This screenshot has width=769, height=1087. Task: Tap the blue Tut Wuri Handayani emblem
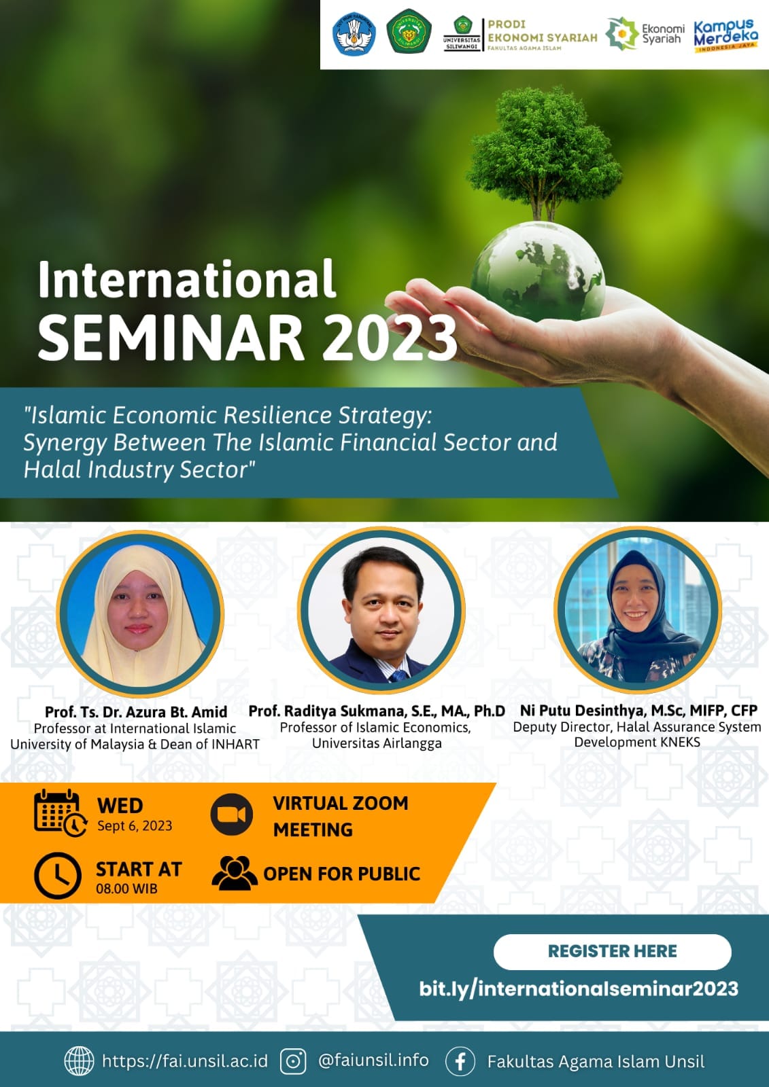tap(354, 33)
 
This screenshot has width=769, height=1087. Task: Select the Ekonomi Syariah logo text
tap(663, 33)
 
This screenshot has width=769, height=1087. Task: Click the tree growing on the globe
tap(543, 153)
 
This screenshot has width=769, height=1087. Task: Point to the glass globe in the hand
tap(539, 272)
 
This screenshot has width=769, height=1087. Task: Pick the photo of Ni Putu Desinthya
tap(638, 609)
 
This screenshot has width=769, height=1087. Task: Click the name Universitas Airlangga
tap(377, 743)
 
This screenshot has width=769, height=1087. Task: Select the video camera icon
tap(232, 815)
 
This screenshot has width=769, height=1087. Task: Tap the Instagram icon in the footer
tap(294, 1061)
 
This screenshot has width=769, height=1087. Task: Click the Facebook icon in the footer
tap(460, 1061)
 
